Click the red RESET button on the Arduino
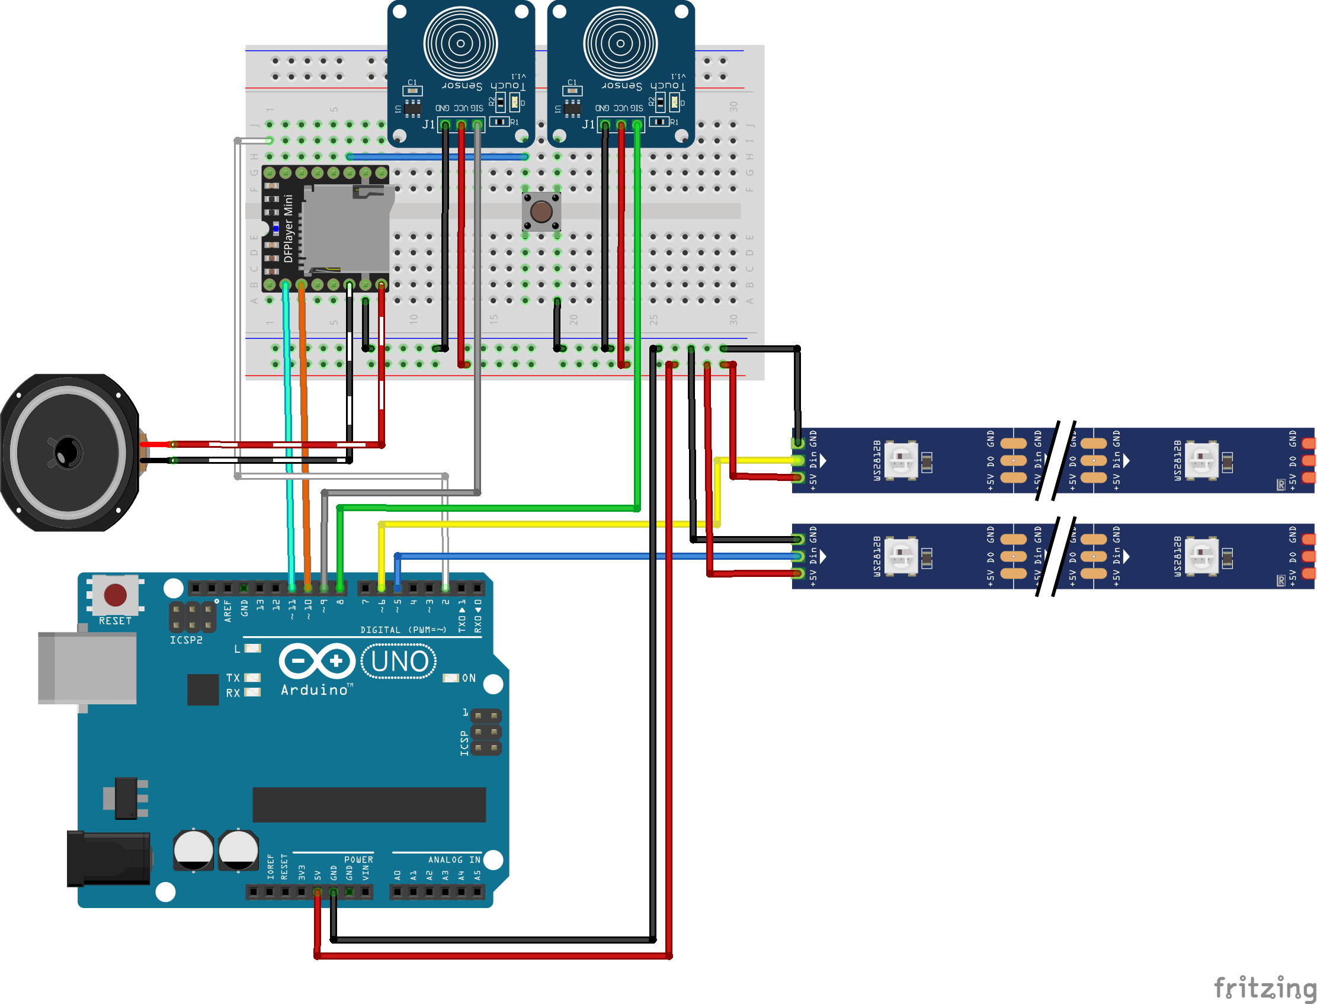(x=115, y=595)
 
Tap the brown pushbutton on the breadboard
(x=541, y=211)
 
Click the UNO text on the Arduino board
(x=399, y=662)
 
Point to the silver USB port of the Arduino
(x=86, y=668)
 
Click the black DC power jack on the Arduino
(x=108, y=859)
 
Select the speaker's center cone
(x=68, y=453)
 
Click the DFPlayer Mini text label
(x=288, y=228)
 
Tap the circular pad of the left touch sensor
(x=460, y=43)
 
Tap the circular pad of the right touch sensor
(x=620, y=43)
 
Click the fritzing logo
(x=1264, y=987)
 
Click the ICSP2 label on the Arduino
(x=186, y=640)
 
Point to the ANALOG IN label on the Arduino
(x=454, y=859)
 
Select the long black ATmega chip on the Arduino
(x=369, y=804)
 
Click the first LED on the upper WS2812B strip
(x=901, y=460)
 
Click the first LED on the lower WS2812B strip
(x=901, y=556)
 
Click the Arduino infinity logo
(x=317, y=661)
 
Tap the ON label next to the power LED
(x=469, y=678)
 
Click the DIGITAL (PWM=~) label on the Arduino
(x=403, y=630)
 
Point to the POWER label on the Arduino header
(x=358, y=859)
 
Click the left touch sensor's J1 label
(x=428, y=124)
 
